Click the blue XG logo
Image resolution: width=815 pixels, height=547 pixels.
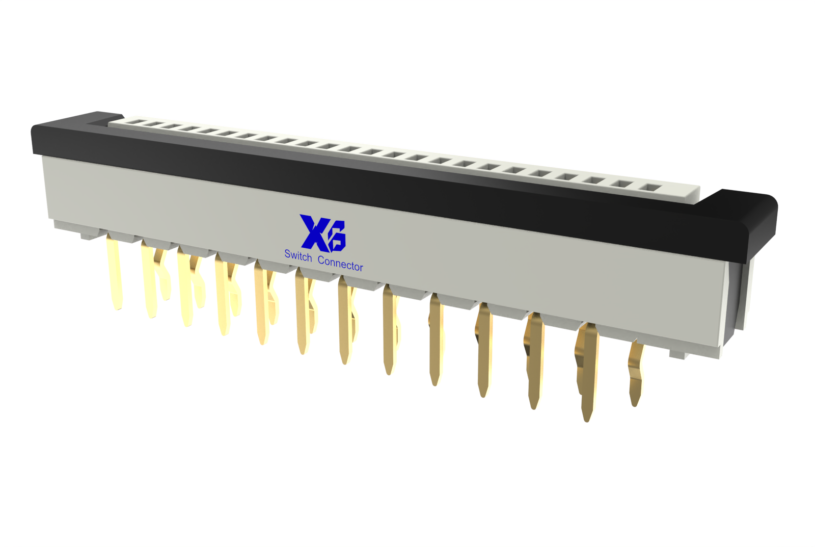pos(323,233)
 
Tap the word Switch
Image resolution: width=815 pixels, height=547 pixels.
pos(298,255)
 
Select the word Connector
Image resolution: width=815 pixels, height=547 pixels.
pos(340,263)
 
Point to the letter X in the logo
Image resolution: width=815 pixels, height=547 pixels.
pos(314,233)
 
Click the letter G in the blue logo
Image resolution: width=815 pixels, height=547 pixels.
pos(337,237)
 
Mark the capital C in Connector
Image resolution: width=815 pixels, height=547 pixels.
pos(321,260)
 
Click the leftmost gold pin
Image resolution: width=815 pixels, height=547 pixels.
pos(114,271)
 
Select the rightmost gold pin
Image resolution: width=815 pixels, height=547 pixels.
pos(636,373)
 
